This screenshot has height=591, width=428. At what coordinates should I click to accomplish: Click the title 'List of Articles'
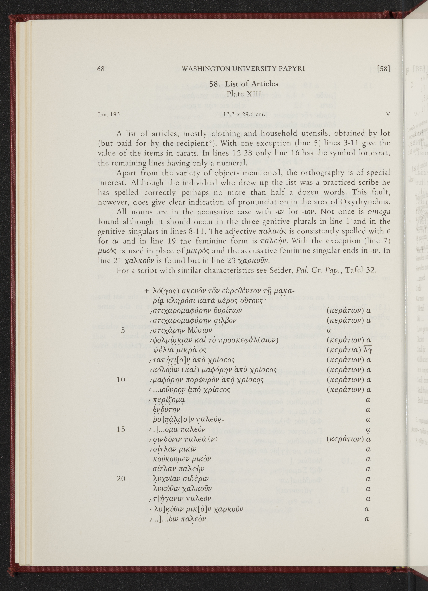[252, 84]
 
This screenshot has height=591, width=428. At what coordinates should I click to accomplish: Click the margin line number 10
[121, 380]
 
